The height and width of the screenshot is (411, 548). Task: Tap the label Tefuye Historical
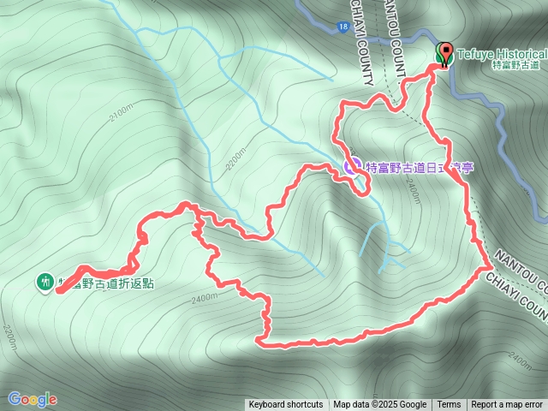tap(501, 53)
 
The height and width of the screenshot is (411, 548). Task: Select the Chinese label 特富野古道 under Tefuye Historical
tap(516, 65)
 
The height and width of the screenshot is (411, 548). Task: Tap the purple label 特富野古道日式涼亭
tap(419, 167)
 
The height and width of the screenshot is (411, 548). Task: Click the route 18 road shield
tap(342, 27)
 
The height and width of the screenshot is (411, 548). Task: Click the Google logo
tap(33, 399)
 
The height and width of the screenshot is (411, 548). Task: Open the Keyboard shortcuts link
tap(286, 405)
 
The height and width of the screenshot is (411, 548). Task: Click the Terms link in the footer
tap(449, 405)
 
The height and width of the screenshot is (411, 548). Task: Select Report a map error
tap(507, 405)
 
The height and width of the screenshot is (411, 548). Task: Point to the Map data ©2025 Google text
tap(380, 405)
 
